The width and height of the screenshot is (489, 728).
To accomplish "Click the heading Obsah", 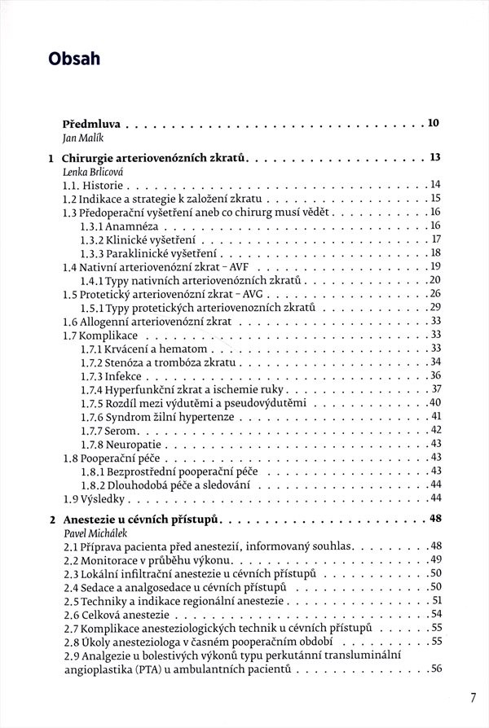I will coord(74,59).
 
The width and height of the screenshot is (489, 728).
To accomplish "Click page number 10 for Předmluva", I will coord(433,124).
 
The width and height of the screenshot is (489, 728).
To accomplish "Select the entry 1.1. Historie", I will coord(93,186).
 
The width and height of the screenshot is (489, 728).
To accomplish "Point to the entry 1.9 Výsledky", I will coord(96,498).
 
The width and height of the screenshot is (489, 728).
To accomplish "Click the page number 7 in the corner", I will coord(474,697).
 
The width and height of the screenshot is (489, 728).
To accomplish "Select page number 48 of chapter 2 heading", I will coord(434,518).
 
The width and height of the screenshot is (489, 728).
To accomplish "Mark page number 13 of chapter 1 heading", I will coord(434,157).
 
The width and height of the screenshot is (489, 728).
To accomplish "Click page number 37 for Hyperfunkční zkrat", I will coord(435,389).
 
